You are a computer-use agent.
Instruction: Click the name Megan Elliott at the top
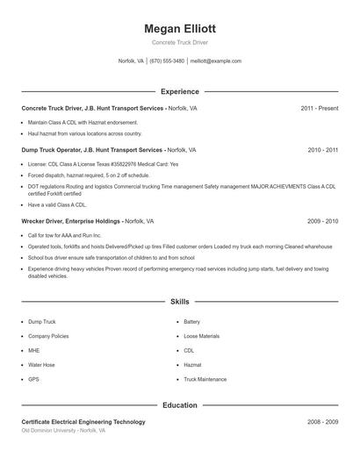click(179, 29)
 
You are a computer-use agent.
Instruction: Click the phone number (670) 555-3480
click(167, 61)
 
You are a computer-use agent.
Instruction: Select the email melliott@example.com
click(215, 61)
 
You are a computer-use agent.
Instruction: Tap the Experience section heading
click(179, 91)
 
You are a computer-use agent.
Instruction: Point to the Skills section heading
click(179, 301)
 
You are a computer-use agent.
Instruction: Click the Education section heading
click(179, 405)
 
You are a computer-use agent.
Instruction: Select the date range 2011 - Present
click(319, 108)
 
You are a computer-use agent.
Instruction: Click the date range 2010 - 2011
click(322, 150)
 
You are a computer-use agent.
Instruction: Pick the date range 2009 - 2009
click(322, 222)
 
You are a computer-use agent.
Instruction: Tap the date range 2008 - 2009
click(322, 422)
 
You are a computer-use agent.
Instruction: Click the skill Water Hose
click(41, 365)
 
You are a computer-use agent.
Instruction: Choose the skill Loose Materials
click(202, 336)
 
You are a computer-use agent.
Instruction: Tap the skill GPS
click(33, 379)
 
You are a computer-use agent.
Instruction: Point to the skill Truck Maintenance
click(205, 379)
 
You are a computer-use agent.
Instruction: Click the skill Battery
click(191, 322)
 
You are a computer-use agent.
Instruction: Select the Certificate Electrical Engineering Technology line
click(83, 422)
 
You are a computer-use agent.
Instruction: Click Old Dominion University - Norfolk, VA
click(63, 431)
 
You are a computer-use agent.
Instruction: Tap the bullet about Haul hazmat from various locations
click(84, 133)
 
